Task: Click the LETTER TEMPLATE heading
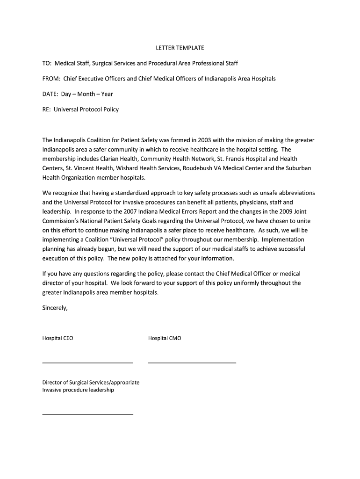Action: [x=180, y=48]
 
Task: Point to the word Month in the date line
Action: [x=86, y=94]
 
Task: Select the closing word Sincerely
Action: [x=55, y=308]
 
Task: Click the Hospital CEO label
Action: [x=58, y=338]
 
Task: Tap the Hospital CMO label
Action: [x=165, y=338]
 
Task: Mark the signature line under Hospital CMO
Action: [x=192, y=363]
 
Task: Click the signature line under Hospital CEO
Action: [x=87, y=363]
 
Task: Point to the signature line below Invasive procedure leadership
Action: [x=87, y=414]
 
